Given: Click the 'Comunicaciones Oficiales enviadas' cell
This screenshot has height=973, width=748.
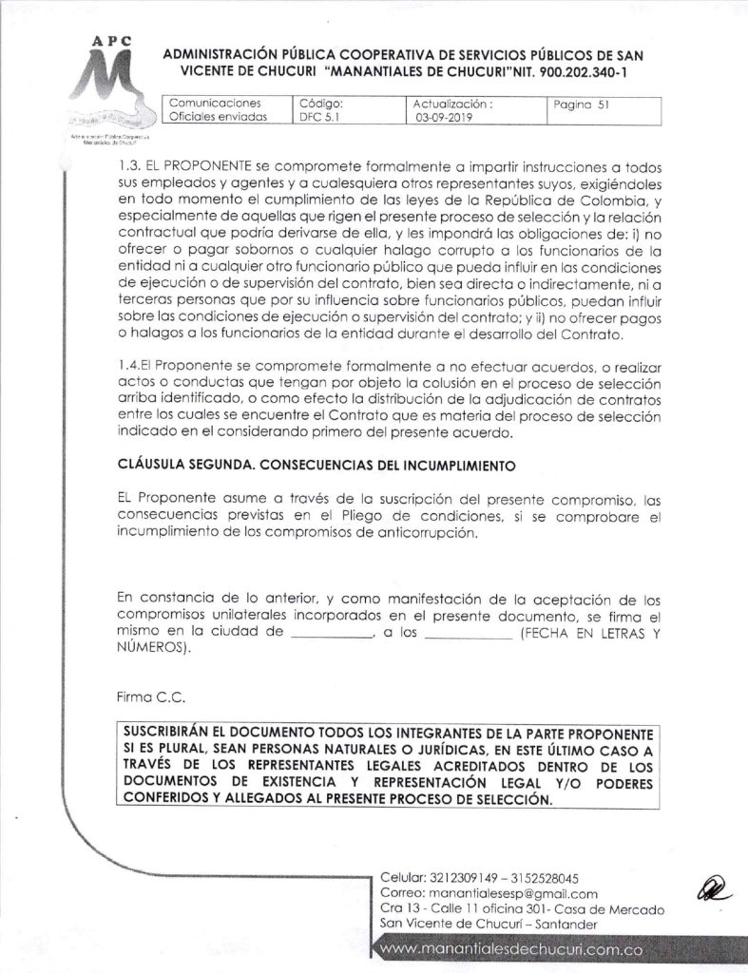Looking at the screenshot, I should [x=218, y=111].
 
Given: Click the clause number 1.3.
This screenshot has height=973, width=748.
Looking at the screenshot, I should [x=125, y=162].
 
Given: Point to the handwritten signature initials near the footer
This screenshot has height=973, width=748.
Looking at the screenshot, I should [x=710, y=889].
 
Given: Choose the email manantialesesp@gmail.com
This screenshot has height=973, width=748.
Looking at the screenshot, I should [x=515, y=894].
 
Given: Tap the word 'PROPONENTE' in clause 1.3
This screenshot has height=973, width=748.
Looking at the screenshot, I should [x=206, y=162].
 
